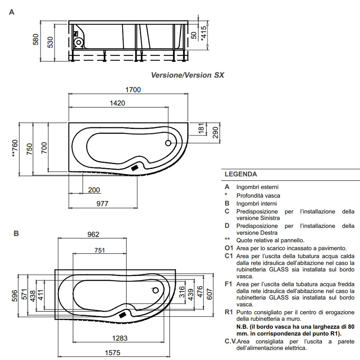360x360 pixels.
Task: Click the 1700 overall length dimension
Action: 133,90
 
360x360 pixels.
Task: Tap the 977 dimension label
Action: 102,204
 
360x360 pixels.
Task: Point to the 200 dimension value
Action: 94,190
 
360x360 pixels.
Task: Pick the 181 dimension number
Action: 201,128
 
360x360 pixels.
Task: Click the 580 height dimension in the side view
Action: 36,40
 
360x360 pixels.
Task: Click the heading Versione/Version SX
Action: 187,75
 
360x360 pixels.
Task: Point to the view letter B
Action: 16,233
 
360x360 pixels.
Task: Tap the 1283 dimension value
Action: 119,338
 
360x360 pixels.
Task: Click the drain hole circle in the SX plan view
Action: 168,143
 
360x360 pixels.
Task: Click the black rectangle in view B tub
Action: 123,315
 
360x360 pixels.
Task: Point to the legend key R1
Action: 229,312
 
